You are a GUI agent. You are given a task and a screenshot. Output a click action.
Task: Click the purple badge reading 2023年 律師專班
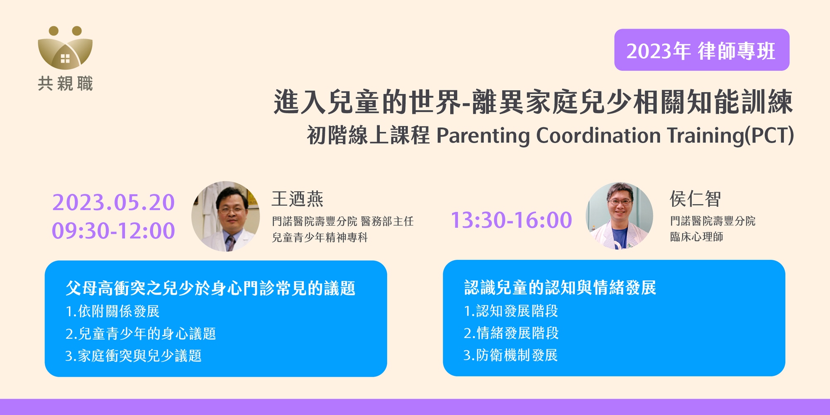point(702,50)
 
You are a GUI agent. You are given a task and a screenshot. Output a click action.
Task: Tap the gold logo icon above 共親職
point(65,48)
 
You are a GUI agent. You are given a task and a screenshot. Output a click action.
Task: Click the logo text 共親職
point(65,83)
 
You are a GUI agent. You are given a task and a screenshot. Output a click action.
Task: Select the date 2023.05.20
point(113,203)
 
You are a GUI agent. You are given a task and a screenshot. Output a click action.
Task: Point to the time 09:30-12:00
point(113,231)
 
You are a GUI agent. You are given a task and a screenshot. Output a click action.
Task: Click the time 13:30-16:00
point(511,220)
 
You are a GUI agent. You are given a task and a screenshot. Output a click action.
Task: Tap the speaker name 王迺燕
point(298,199)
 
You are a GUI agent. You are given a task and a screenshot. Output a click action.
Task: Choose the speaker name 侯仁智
point(695,199)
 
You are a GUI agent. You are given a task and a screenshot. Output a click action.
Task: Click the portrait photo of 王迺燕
point(225,216)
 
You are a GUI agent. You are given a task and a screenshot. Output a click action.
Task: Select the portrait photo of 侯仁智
point(619,216)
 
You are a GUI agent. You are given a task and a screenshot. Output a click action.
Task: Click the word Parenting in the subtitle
point(483,136)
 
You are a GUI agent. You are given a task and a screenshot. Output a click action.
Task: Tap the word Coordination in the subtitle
point(598,135)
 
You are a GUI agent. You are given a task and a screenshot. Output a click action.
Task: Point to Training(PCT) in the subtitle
point(730,136)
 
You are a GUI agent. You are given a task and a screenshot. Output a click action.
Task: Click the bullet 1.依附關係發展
point(112,311)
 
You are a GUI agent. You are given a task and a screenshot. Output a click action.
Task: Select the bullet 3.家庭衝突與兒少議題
point(134,356)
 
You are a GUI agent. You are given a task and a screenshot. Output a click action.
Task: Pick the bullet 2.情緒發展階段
point(511,333)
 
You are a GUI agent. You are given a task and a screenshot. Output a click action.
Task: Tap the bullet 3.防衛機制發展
point(510,355)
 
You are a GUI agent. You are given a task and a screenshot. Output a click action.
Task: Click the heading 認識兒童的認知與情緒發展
point(560,288)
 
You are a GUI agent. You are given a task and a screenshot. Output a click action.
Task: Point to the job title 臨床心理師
point(696,237)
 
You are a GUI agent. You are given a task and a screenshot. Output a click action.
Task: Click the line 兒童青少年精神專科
point(320,237)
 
